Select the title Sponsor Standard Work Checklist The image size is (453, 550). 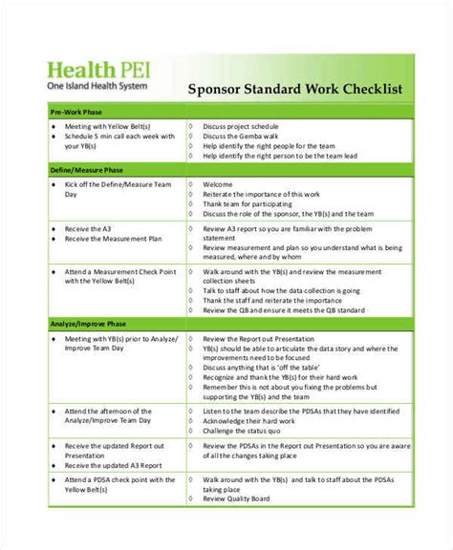click(x=294, y=89)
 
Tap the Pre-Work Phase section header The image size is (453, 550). click(x=75, y=112)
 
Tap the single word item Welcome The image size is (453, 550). click(x=219, y=183)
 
